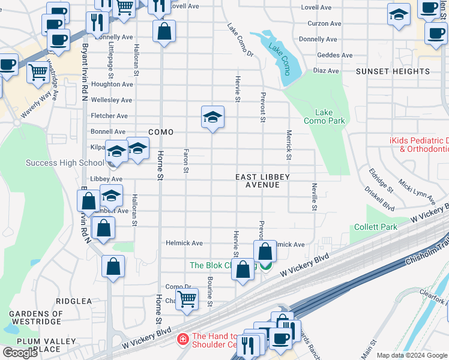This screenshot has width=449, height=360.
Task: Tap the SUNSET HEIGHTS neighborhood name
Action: coord(393,71)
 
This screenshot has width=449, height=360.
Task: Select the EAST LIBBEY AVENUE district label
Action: coord(262,181)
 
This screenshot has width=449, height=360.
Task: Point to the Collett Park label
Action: coord(376,227)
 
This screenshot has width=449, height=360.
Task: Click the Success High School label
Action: coord(65,163)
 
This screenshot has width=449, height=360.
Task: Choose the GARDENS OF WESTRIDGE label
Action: coord(36,318)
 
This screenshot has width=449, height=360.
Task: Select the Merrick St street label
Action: coord(289,145)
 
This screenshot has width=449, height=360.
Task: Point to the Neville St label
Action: coord(314,197)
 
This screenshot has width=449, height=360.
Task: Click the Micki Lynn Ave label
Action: coord(417,190)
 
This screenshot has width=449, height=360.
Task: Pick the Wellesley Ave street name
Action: coord(111,100)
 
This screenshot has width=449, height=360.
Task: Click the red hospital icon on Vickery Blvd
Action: coord(183,340)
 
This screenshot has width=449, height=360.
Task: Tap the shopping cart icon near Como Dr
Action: coord(187,298)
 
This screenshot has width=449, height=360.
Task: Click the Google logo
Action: coord(20,353)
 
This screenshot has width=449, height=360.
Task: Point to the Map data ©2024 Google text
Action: coord(412,355)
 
